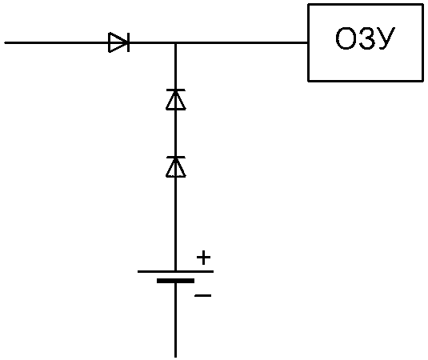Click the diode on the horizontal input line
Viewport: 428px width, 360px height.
(119, 42)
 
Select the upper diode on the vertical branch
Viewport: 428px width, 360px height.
(175, 99)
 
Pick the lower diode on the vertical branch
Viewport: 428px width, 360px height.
(175, 166)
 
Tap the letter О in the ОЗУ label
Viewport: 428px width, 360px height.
(345, 38)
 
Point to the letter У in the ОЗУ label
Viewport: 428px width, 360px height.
(386, 38)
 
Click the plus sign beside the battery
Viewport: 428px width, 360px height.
(204, 258)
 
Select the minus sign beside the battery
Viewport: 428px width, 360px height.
(203, 295)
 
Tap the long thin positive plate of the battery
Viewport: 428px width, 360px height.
(175, 271)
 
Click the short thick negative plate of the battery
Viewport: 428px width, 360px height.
(175, 281)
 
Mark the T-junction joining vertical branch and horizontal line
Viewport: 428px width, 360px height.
(175, 43)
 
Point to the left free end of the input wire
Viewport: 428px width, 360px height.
(5, 42)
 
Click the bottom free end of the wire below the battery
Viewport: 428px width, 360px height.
(175, 357)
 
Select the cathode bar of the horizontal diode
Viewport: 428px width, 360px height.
(129, 42)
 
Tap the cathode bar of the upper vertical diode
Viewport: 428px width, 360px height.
(175, 90)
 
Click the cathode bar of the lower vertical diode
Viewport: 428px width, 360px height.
(175, 158)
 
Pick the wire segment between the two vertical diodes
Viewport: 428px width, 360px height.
(175, 133)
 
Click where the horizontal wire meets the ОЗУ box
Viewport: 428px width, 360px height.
(308, 42)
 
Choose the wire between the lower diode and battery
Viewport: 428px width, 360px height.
(175, 224)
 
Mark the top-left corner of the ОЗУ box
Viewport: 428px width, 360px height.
(309, 5)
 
